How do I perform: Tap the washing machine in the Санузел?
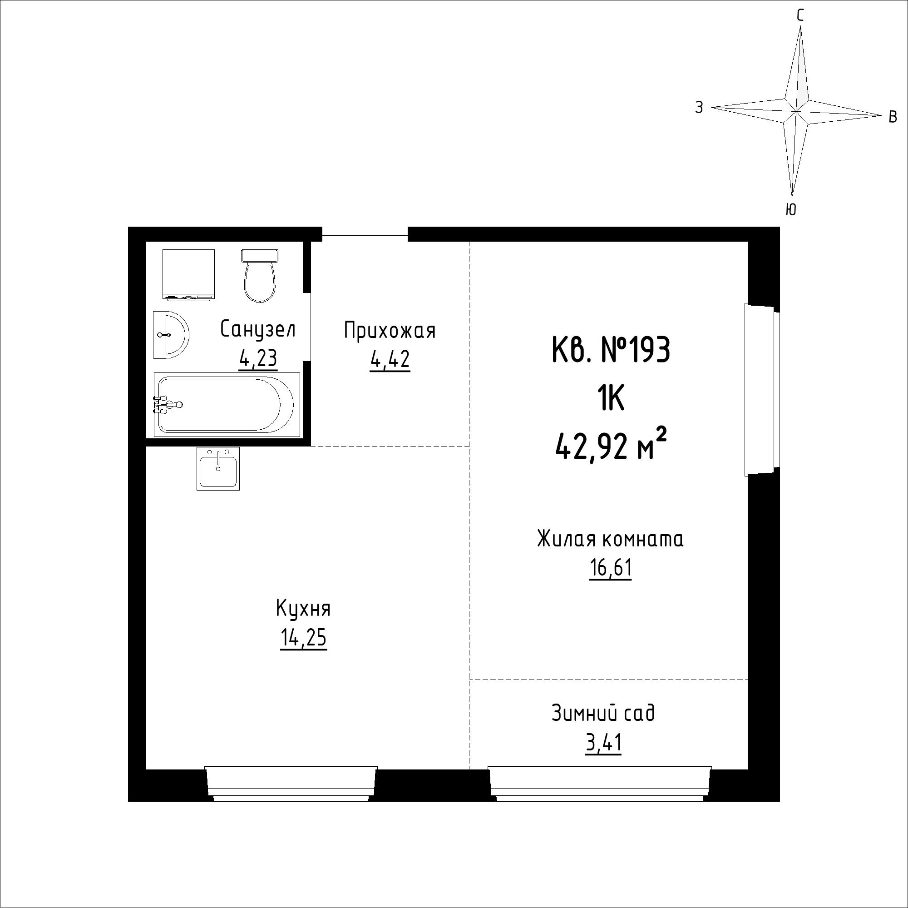(188, 274)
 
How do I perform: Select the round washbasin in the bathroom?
(171, 334)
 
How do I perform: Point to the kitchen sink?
(218, 468)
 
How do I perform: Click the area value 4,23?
(258, 359)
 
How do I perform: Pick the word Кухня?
(303, 609)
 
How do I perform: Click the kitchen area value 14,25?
(303, 638)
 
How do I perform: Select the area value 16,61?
(611, 569)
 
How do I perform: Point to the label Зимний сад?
(603, 713)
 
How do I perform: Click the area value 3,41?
(603, 744)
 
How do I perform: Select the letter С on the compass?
(799, 16)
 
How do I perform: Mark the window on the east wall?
(762, 390)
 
